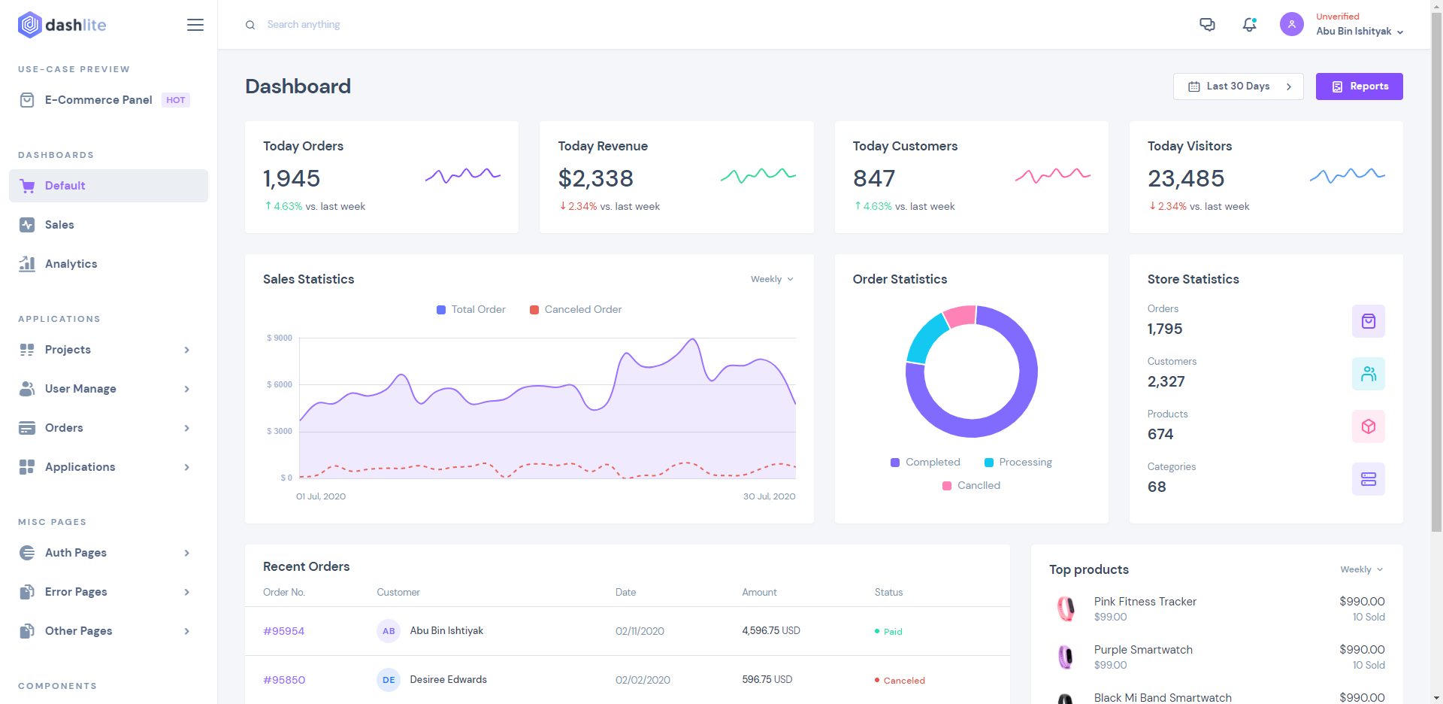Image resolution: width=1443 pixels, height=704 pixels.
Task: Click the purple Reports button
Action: click(1359, 86)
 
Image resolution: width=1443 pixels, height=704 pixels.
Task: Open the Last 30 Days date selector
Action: click(1238, 86)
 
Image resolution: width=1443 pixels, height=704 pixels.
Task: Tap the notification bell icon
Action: click(1249, 25)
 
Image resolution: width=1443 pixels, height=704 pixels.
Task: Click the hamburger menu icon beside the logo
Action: click(195, 25)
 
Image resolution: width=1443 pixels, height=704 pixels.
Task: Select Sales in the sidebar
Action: click(59, 225)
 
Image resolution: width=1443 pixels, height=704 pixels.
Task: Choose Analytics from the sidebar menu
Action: click(71, 264)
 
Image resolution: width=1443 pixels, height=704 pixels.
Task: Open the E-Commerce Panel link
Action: click(98, 100)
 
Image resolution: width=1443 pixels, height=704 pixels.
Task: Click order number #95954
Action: click(283, 631)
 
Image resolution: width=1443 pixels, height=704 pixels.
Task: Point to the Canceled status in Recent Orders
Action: click(904, 681)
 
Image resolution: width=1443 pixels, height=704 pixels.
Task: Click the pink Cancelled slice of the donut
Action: click(960, 316)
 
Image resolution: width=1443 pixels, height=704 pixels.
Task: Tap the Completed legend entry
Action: click(925, 463)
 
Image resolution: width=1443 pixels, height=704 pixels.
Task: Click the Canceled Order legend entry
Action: click(576, 310)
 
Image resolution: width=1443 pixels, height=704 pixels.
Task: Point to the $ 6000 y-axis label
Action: click(280, 384)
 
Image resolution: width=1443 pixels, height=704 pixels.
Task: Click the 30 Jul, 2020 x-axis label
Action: click(769, 496)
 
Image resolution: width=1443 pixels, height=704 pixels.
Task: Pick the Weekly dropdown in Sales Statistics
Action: click(772, 279)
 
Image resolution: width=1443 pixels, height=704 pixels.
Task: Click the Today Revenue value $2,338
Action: click(595, 178)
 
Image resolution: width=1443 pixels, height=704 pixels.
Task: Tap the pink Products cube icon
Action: click(1369, 426)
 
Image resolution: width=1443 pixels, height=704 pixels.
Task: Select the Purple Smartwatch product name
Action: click(1143, 650)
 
